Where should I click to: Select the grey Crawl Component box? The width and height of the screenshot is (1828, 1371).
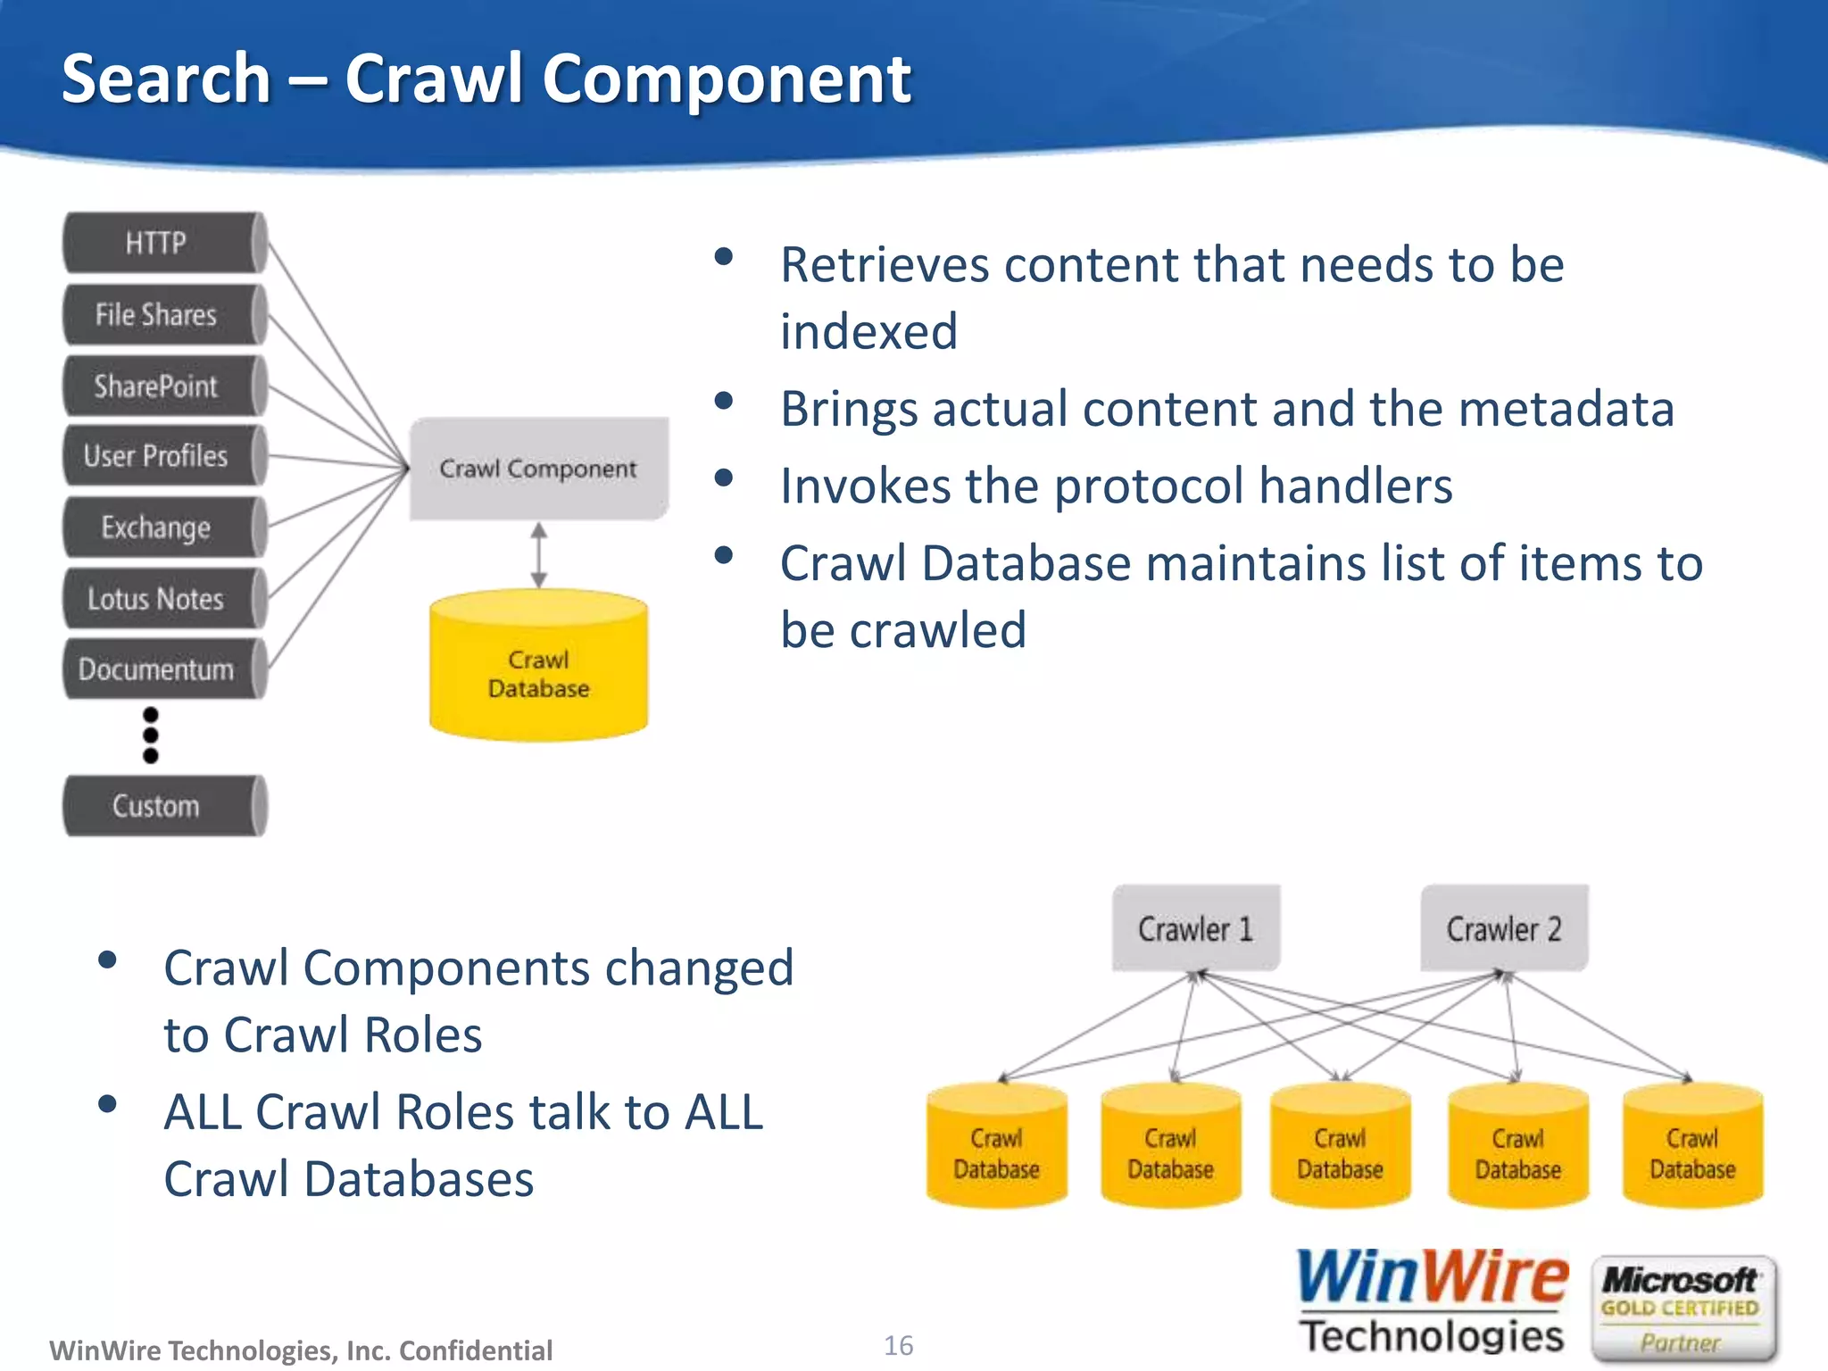(x=538, y=468)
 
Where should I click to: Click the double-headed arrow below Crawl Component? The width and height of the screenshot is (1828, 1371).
(x=538, y=555)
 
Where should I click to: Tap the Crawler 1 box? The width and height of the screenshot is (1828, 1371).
(x=1195, y=928)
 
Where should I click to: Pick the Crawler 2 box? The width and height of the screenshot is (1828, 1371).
(x=1504, y=928)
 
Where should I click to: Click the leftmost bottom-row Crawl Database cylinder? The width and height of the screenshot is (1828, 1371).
(x=996, y=1147)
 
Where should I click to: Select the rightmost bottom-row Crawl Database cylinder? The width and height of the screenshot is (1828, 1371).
(x=1692, y=1147)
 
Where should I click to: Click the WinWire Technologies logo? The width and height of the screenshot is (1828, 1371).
(x=1432, y=1303)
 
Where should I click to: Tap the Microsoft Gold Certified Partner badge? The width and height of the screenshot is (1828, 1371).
(x=1682, y=1309)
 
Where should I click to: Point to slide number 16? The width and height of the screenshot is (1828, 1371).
(x=898, y=1345)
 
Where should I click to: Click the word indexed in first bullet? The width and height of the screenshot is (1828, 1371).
(x=868, y=332)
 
